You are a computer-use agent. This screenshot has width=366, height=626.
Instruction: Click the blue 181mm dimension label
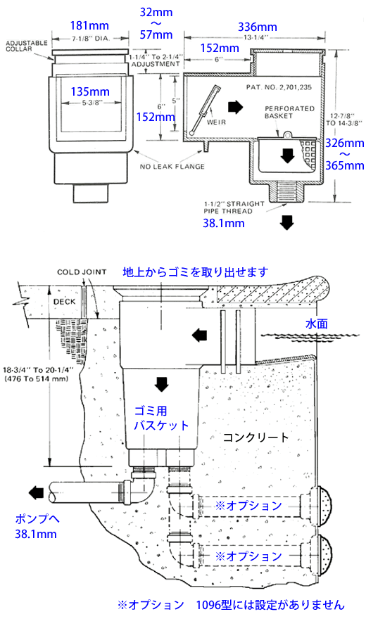pyautogui.click(x=89, y=26)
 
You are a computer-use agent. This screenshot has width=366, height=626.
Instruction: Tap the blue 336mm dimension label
pyautogui.click(x=258, y=27)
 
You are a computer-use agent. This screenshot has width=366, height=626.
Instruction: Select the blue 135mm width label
pyautogui.click(x=90, y=91)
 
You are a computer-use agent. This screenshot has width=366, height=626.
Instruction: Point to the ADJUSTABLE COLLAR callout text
pyautogui.click(x=26, y=46)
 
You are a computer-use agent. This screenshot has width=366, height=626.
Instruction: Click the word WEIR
pyautogui.click(x=216, y=122)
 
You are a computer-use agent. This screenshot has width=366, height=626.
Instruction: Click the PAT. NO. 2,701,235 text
pyautogui.click(x=279, y=87)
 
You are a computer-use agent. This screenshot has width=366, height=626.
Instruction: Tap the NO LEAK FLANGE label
pyautogui.click(x=172, y=167)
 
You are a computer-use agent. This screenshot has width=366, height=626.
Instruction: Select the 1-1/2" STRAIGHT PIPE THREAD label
pyautogui.click(x=234, y=207)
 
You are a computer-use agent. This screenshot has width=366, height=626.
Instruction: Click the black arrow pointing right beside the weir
pyautogui.click(x=235, y=107)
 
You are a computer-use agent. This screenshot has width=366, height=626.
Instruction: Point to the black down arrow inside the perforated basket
pyautogui.click(x=287, y=155)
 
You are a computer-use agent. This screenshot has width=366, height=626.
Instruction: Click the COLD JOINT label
pyautogui.click(x=82, y=272)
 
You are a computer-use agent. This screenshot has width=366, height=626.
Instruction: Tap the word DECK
pyautogui.click(x=64, y=302)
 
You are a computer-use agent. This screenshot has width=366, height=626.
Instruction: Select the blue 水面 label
pyautogui.click(x=317, y=324)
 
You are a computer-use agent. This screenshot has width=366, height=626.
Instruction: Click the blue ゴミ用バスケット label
pyautogui.click(x=161, y=418)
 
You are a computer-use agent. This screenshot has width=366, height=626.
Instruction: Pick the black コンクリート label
pyautogui.click(x=255, y=437)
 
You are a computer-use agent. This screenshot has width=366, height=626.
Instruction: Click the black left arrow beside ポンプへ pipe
pyautogui.click(x=37, y=494)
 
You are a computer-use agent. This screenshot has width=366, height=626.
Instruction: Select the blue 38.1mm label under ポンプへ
pyautogui.click(x=36, y=534)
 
